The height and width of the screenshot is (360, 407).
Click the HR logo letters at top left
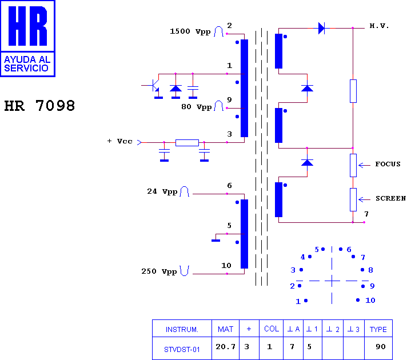[x=28, y=26]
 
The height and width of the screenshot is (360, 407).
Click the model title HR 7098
[x=39, y=106]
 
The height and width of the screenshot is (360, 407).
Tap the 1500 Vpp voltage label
[x=190, y=31]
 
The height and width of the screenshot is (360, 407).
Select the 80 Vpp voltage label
[x=197, y=107]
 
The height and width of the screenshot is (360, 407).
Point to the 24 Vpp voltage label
[x=162, y=191]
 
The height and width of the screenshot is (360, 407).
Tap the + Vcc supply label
[x=119, y=141]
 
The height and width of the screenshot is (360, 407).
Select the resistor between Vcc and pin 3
[x=187, y=142]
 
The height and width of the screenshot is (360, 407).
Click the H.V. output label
[x=379, y=26]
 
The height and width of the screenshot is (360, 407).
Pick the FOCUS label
[x=388, y=164]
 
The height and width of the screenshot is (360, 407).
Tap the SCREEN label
[x=390, y=198]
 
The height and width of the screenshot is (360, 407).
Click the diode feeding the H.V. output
[x=321, y=28]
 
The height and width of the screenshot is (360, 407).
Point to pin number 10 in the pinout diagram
[x=370, y=301]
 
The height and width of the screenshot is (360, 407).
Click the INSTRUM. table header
[x=182, y=329]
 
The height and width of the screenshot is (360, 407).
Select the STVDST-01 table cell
[x=182, y=350]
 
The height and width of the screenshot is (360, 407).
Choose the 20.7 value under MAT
[x=226, y=346]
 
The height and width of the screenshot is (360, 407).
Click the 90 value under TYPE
[x=381, y=346]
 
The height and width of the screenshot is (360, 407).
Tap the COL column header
[x=272, y=329]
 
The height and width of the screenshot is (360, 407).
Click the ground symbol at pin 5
[x=216, y=240]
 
